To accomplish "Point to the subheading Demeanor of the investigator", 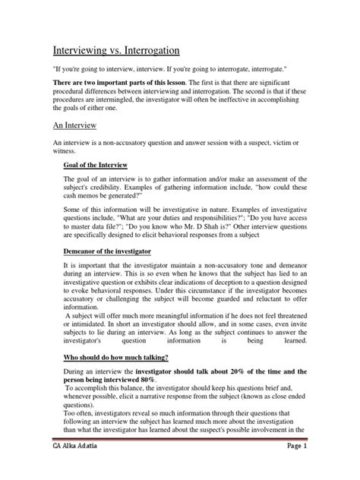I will tap(112, 250).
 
